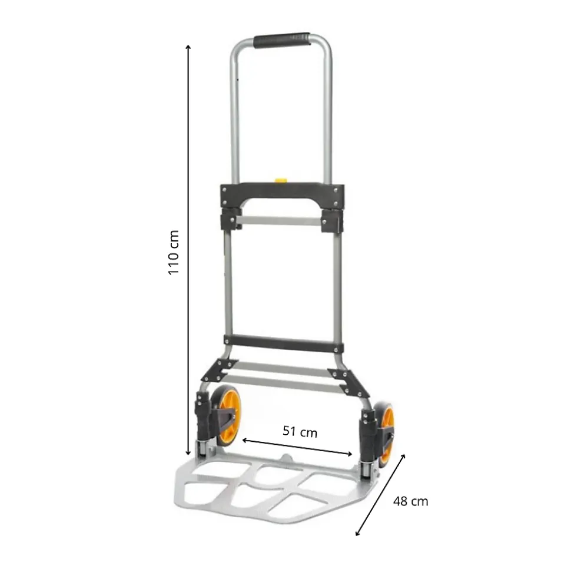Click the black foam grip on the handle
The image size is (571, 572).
(x=282, y=40)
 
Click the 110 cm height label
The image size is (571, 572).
(x=173, y=253)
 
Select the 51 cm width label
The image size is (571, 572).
(x=300, y=432)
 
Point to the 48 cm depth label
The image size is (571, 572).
(x=410, y=501)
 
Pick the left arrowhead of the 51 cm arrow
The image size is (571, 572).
(x=244, y=440)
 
